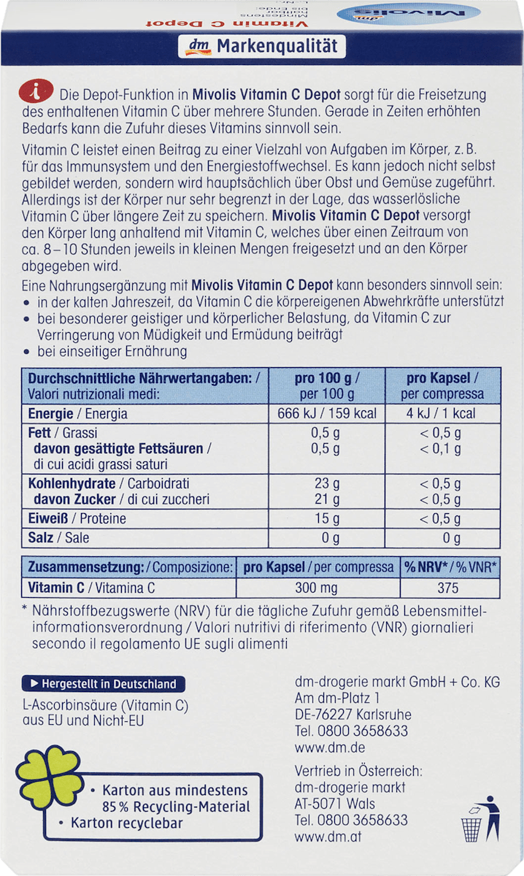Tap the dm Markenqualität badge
[261, 47]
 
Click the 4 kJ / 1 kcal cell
[452, 413]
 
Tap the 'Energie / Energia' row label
[77, 413]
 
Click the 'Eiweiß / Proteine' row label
[77, 518]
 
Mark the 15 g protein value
[331, 518]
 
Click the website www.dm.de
[329, 747]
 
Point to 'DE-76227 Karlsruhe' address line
[352, 715]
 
